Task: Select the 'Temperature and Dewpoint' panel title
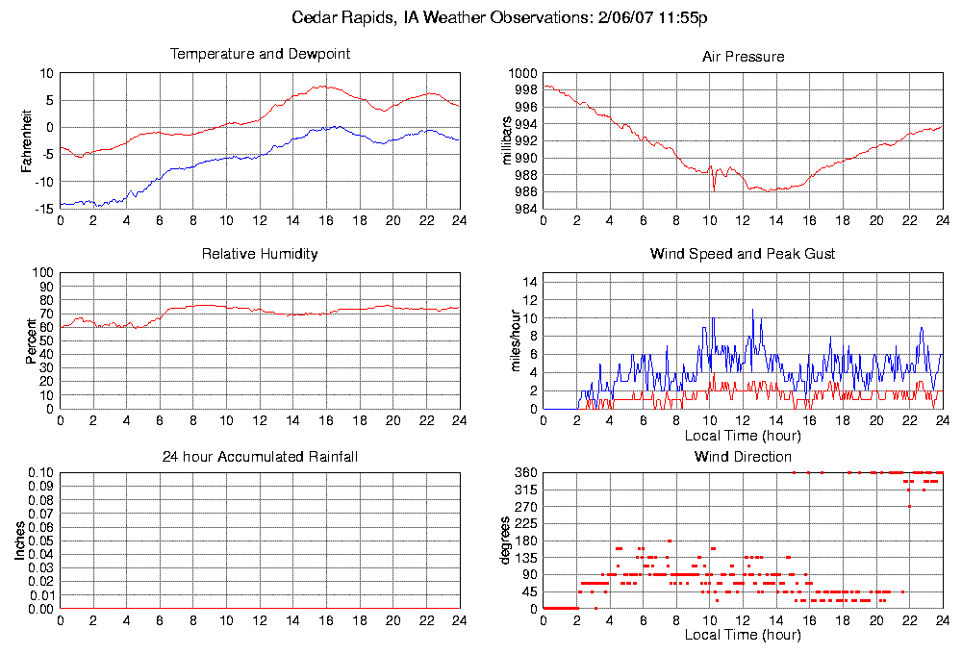pyautogui.click(x=260, y=54)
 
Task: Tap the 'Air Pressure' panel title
pyautogui.click(x=743, y=57)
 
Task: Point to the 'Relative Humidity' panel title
pyautogui.click(x=260, y=254)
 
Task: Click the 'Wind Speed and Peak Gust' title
pyautogui.click(x=743, y=254)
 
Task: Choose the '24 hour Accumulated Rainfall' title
pyautogui.click(x=260, y=456)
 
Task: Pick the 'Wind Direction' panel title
pyautogui.click(x=743, y=456)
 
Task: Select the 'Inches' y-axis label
pyautogui.click(x=20, y=541)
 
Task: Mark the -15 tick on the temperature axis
pyautogui.click(x=43, y=209)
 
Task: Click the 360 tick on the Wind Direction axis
pyautogui.click(x=525, y=473)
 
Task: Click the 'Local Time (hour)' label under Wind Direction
pyautogui.click(x=743, y=635)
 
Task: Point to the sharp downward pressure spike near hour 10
pyautogui.click(x=714, y=190)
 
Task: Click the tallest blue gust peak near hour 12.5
pyautogui.click(x=752, y=310)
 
